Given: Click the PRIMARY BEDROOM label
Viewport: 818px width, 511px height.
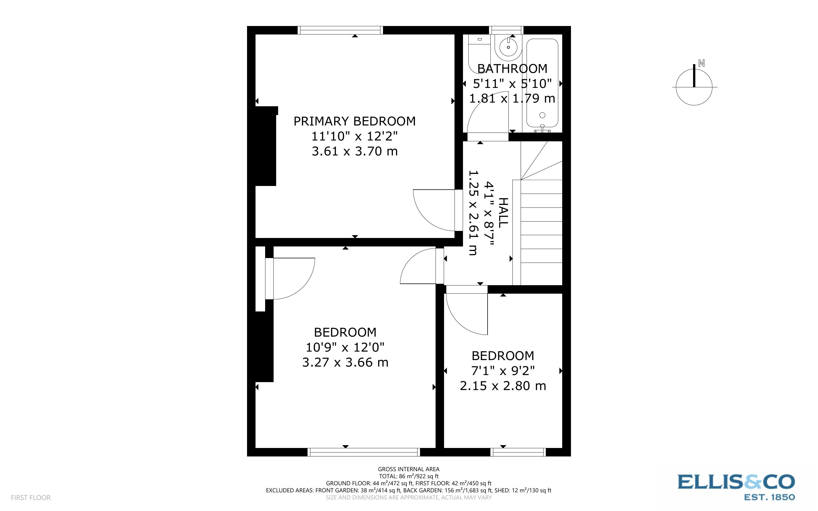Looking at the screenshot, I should point(354,121).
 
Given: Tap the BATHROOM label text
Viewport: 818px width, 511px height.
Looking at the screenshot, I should point(512,69).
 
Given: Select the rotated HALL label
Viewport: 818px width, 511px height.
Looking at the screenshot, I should point(503,213).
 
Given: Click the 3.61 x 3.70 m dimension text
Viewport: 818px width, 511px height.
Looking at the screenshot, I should point(354,151).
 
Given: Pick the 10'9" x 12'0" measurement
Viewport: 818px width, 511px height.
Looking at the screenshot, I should point(345,347).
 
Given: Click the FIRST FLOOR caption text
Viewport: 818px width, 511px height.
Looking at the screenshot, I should point(31,497).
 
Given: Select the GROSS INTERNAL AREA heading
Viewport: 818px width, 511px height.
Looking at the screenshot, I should point(408,469).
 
